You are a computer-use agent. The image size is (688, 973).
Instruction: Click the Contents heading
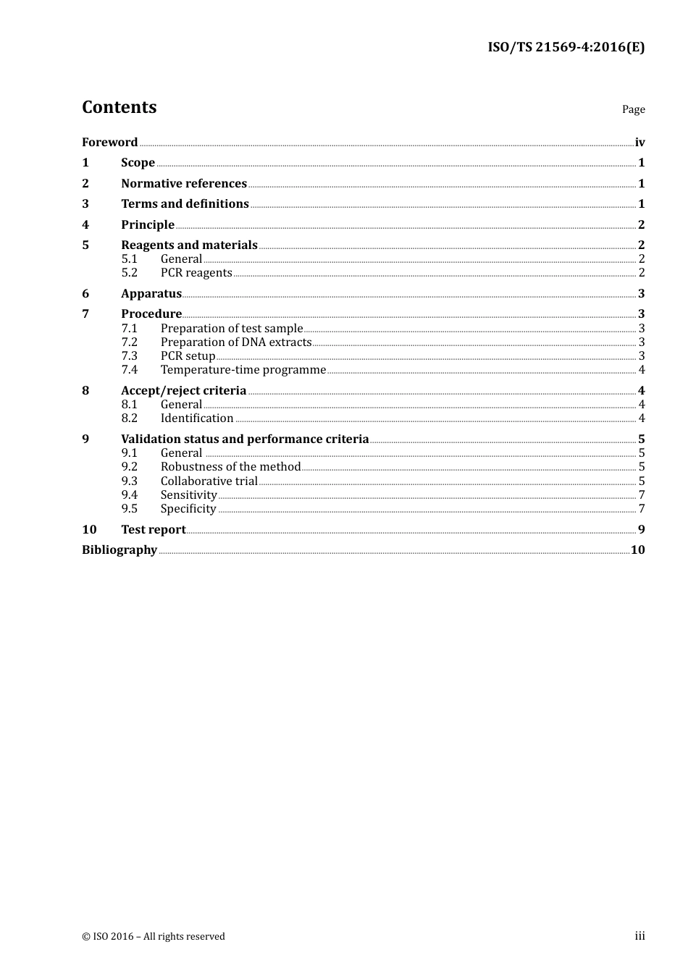pos(119,107)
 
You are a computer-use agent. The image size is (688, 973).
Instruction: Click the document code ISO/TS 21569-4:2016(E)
pos(566,47)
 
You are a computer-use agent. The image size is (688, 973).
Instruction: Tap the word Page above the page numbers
pos(633,109)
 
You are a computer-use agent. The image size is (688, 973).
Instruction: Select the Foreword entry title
pos(109,142)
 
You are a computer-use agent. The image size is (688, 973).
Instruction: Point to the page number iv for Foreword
pos(639,142)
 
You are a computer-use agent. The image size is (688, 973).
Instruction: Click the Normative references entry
pos(184,183)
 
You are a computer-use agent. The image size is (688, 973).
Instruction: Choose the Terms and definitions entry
pos(185,203)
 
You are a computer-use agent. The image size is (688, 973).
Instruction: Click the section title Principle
pos(148,224)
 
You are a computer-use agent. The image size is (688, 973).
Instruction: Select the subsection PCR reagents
pos(196,272)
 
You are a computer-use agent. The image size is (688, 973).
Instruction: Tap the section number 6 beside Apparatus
pos(85,293)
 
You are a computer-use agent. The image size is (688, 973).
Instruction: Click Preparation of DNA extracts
pos(236,342)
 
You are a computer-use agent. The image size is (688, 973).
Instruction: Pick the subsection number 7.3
pos(130,355)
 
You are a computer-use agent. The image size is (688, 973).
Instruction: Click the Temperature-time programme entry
pos(243,369)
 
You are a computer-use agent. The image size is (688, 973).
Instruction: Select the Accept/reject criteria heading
pos(184,390)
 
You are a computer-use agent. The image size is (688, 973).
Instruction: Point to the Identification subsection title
pos(197,418)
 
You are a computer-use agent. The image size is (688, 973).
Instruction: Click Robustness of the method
pos(230,466)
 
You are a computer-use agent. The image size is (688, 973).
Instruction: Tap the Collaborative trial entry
pos(209,481)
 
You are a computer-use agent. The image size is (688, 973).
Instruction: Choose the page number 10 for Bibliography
pos(637,549)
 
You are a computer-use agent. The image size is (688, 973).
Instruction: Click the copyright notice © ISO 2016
pos(154,936)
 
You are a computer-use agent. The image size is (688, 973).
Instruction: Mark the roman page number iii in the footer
pos(639,936)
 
